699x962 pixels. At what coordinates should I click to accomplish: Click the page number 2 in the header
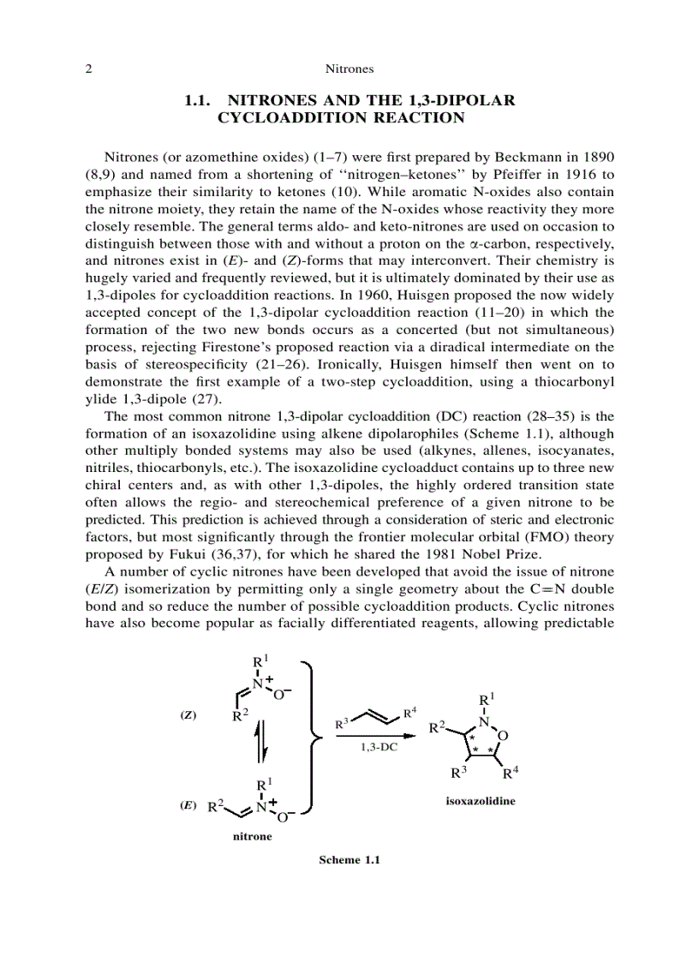88,68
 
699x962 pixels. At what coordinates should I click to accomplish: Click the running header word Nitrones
349,68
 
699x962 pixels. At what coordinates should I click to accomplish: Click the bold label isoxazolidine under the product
481,802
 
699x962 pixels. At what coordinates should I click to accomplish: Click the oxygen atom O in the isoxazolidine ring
503,736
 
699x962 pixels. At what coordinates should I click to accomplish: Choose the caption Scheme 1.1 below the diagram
349,860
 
